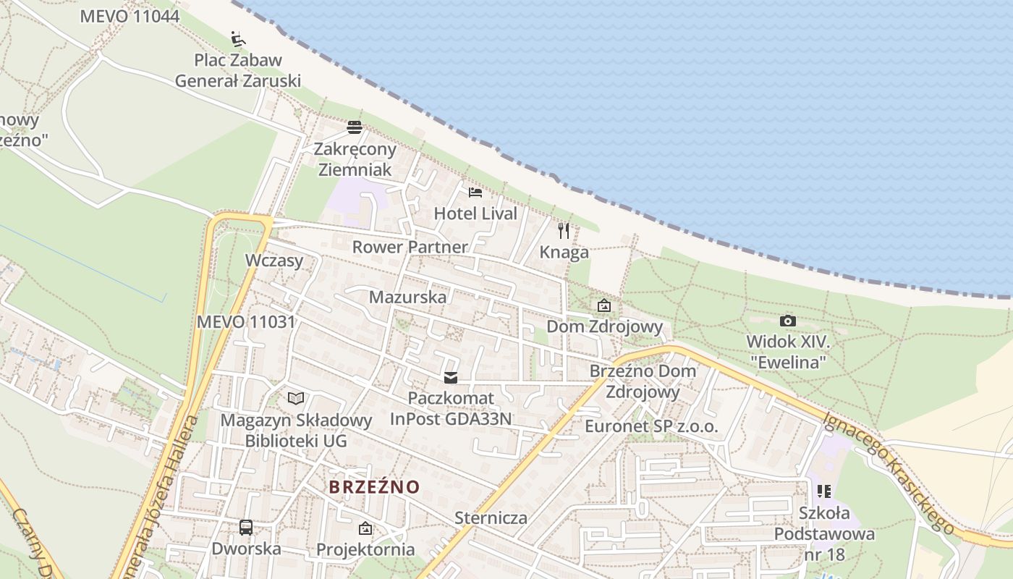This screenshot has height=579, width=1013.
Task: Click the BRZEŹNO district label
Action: coord(374,487)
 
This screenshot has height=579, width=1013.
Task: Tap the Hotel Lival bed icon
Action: coord(475,193)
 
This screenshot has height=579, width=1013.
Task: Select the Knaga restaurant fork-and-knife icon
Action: coord(564,231)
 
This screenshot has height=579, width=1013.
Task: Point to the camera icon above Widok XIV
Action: coord(788,321)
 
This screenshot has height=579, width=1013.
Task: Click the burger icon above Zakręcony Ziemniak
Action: coord(355,128)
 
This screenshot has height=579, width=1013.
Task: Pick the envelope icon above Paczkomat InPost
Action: coord(452,378)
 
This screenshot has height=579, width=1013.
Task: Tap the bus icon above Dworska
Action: coord(246,527)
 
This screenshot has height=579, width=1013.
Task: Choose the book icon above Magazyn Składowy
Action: coord(296,398)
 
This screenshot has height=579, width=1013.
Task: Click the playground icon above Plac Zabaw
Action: coord(237,38)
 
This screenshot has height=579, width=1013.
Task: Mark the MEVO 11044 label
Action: coord(130,16)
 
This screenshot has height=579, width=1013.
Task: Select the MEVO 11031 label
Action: coord(246,322)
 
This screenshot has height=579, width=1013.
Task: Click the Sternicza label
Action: coord(491,518)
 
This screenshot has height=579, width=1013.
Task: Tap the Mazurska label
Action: coord(407,297)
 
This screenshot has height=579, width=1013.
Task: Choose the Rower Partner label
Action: coord(410,247)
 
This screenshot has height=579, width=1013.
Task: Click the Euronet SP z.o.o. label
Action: coord(651,426)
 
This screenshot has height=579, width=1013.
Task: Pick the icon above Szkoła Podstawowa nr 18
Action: coord(824,491)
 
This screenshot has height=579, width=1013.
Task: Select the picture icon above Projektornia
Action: coord(365,528)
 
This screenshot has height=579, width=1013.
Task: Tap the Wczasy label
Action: coord(274,261)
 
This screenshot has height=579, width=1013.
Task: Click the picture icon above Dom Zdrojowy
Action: coord(604,305)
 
